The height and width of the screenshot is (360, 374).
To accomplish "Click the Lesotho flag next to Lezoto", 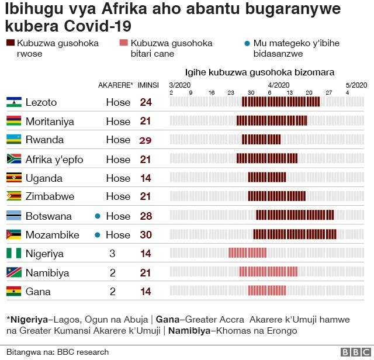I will click(14, 102).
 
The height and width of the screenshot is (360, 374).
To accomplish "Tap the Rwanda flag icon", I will click(14, 140).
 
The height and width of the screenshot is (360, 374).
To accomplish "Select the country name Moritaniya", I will click(50, 122).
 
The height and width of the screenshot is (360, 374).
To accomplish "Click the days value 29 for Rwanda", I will click(146, 140).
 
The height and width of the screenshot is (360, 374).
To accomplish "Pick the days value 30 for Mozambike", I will click(146, 235).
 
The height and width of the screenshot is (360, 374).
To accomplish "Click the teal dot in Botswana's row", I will click(98, 216).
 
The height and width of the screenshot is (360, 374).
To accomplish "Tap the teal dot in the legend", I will click(247, 44).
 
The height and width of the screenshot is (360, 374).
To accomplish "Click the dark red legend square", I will click(11, 43).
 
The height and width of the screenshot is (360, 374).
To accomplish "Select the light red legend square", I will click(123, 43).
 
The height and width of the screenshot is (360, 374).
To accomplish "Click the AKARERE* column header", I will click(116, 85).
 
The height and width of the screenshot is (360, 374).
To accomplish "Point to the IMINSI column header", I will click(148, 85).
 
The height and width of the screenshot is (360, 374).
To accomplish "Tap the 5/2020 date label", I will click(356, 85).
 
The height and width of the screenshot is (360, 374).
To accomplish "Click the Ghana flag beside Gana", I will click(14, 292).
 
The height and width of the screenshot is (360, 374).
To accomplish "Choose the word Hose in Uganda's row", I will click(118, 178).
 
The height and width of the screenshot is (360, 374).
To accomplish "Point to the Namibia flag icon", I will click(14, 273).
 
